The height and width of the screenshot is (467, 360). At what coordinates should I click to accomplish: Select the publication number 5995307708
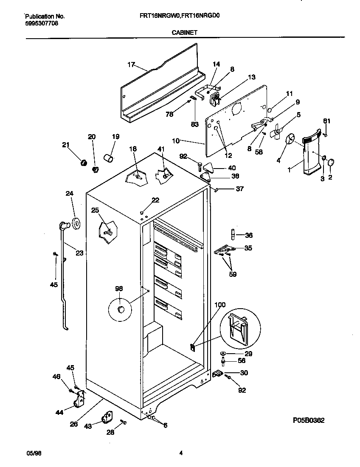click(x=42, y=23)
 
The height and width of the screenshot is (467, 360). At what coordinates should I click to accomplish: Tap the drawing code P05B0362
click(x=309, y=420)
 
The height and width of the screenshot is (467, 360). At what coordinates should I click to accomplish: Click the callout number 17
click(x=131, y=65)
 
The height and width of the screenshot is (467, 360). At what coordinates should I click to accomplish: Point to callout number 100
click(x=220, y=304)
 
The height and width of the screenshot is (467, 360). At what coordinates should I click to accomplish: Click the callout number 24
click(x=69, y=194)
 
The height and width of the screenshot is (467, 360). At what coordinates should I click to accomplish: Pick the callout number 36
click(x=249, y=235)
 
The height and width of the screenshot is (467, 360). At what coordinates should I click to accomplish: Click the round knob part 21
click(x=84, y=162)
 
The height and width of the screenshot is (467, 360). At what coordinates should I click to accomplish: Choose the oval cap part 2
click(x=332, y=162)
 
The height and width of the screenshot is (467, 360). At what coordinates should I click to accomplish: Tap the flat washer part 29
click(x=224, y=353)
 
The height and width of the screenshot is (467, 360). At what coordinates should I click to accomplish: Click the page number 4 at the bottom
click(x=181, y=453)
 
